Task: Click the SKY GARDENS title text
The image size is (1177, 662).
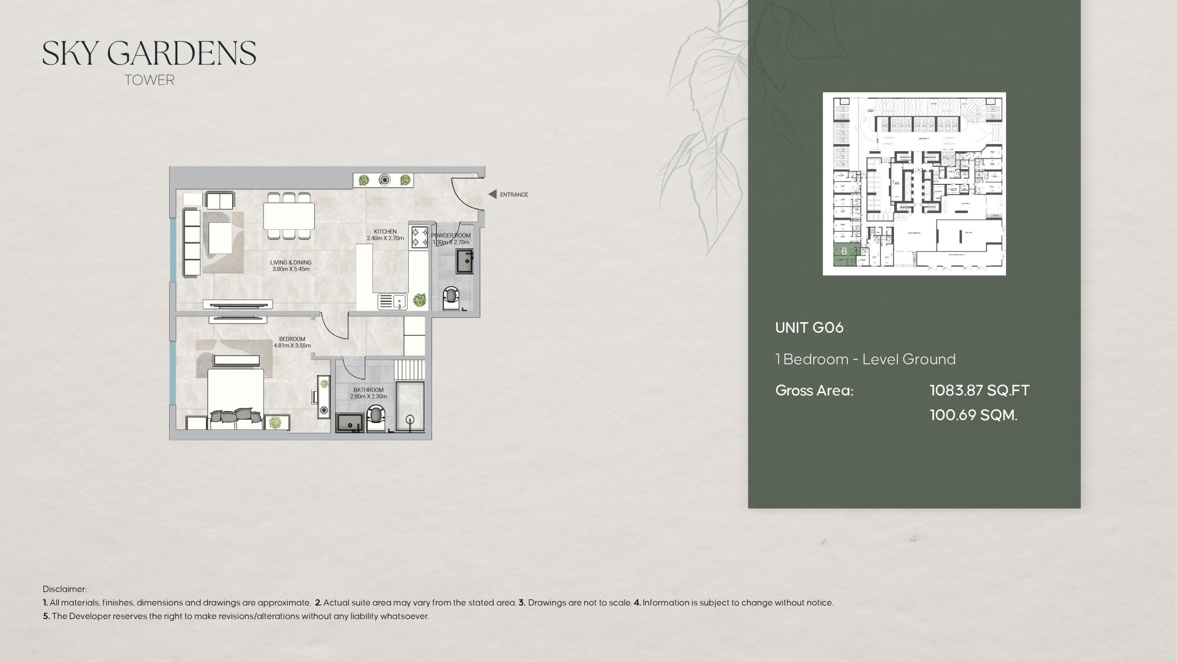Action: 149,54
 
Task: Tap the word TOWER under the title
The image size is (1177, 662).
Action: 149,80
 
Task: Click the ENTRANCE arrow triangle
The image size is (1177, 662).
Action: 492,194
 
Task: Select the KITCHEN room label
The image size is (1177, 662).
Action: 385,232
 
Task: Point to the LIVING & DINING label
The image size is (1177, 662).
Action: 291,263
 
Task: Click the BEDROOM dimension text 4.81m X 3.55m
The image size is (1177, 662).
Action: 292,346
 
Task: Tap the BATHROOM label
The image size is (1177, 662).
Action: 368,390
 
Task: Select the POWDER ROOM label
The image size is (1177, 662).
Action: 451,235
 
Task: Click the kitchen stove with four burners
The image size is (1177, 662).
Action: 419,237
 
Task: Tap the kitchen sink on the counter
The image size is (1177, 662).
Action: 392,302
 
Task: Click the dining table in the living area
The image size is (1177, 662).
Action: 289,216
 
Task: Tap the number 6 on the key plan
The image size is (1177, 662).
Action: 844,251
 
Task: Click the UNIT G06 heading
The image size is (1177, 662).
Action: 809,328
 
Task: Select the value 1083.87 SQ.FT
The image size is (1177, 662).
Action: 979,391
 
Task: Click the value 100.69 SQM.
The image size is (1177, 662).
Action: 973,415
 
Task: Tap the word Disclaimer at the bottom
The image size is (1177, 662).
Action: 65,589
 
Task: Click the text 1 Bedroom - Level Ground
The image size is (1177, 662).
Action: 865,359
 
